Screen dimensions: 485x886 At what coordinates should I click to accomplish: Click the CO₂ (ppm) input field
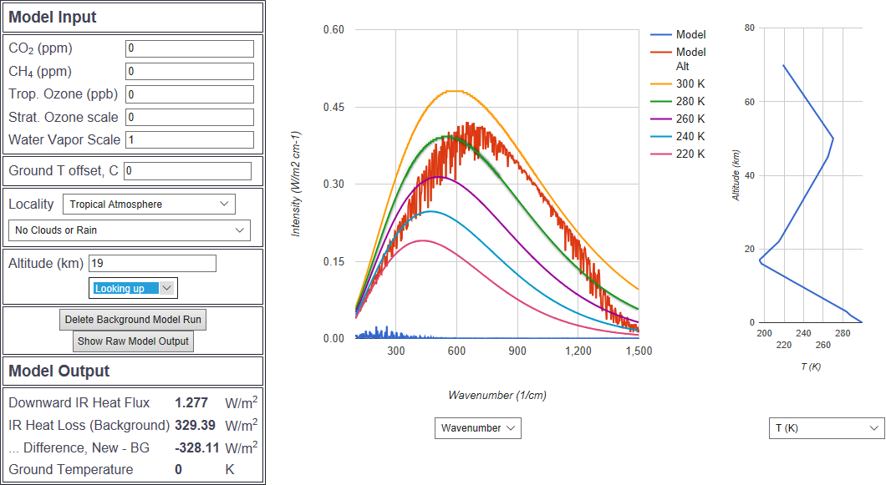pyautogui.click(x=189, y=48)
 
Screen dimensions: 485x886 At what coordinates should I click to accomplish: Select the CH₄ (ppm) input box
pyautogui.click(x=189, y=72)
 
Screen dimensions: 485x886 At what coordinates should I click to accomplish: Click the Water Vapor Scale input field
pyautogui.click(x=189, y=139)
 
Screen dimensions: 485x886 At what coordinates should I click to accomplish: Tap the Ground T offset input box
pyautogui.click(x=187, y=171)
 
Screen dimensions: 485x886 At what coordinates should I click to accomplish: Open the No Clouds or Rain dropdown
pyautogui.click(x=130, y=230)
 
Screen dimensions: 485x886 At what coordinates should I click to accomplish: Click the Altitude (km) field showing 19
pyautogui.click(x=152, y=264)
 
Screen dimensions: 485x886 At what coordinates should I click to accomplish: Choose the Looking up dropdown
pyautogui.click(x=134, y=289)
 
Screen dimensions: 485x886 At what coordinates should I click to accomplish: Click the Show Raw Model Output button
pyautogui.click(x=133, y=341)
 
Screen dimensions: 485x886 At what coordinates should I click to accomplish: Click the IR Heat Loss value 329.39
pyautogui.click(x=195, y=426)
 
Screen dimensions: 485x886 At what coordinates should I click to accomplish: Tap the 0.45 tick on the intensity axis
pyautogui.click(x=334, y=107)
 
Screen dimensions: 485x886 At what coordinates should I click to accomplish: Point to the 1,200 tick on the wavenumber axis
pyautogui.click(x=578, y=352)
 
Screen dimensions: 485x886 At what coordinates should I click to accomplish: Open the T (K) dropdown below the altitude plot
pyautogui.click(x=826, y=428)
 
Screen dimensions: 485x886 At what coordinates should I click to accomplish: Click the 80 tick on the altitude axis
pyautogui.click(x=750, y=28)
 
